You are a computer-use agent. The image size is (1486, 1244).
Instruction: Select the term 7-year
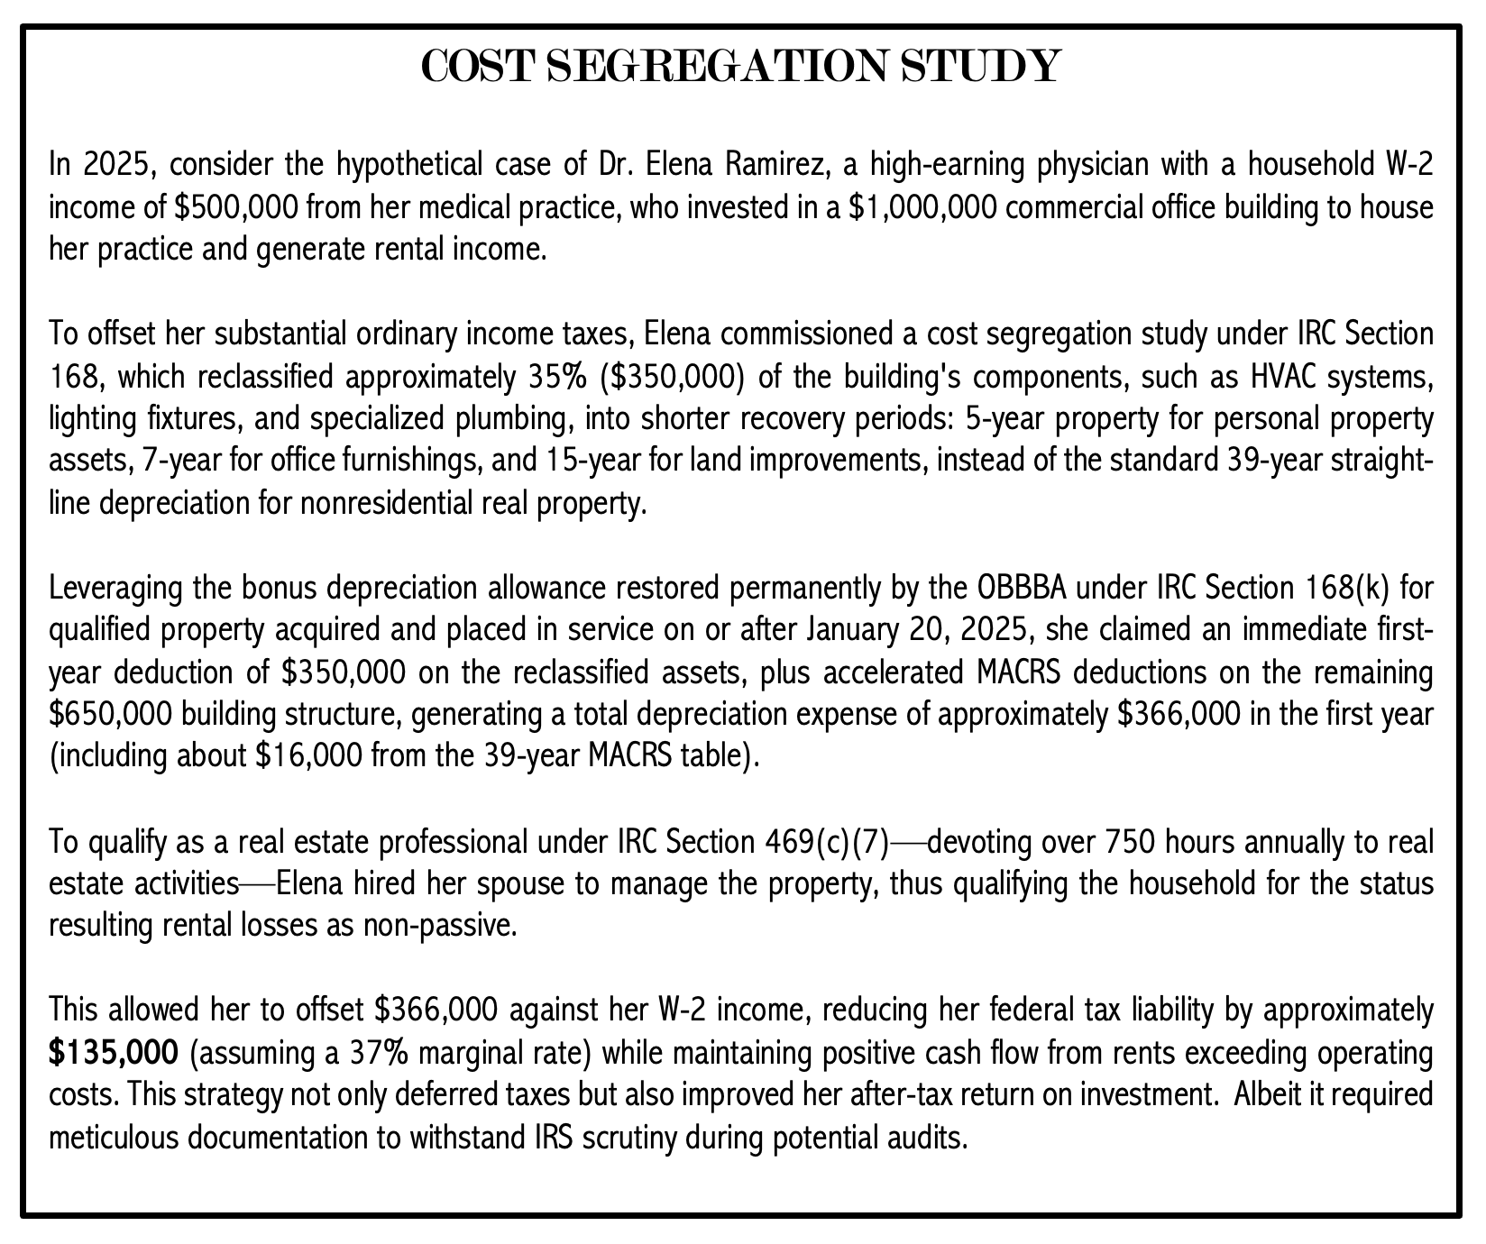pyautogui.click(x=185, y=462)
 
